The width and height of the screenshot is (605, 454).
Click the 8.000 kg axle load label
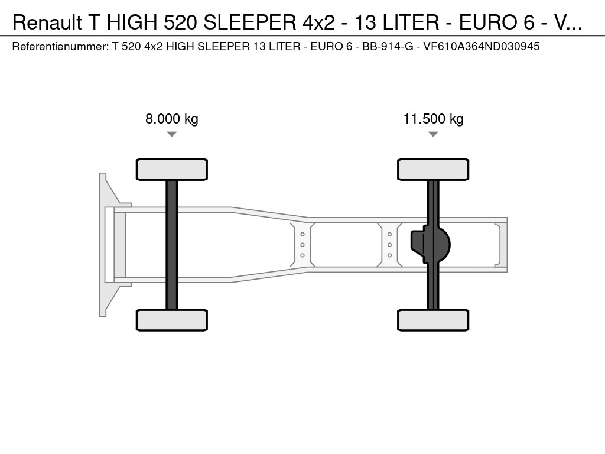(172, 119)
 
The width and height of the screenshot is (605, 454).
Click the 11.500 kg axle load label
(433, 119)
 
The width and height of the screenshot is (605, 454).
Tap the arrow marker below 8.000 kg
(172, 134)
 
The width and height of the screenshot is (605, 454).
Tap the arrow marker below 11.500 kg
(433, 134)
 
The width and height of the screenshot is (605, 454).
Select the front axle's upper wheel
(172, 169)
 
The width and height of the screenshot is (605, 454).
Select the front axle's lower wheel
(172, 320)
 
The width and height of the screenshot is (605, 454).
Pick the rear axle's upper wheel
(433, 169)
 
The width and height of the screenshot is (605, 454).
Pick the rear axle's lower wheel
(433, 320)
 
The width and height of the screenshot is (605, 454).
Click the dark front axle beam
(172, 245)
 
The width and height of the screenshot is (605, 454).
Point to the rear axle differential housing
(430, 245)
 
